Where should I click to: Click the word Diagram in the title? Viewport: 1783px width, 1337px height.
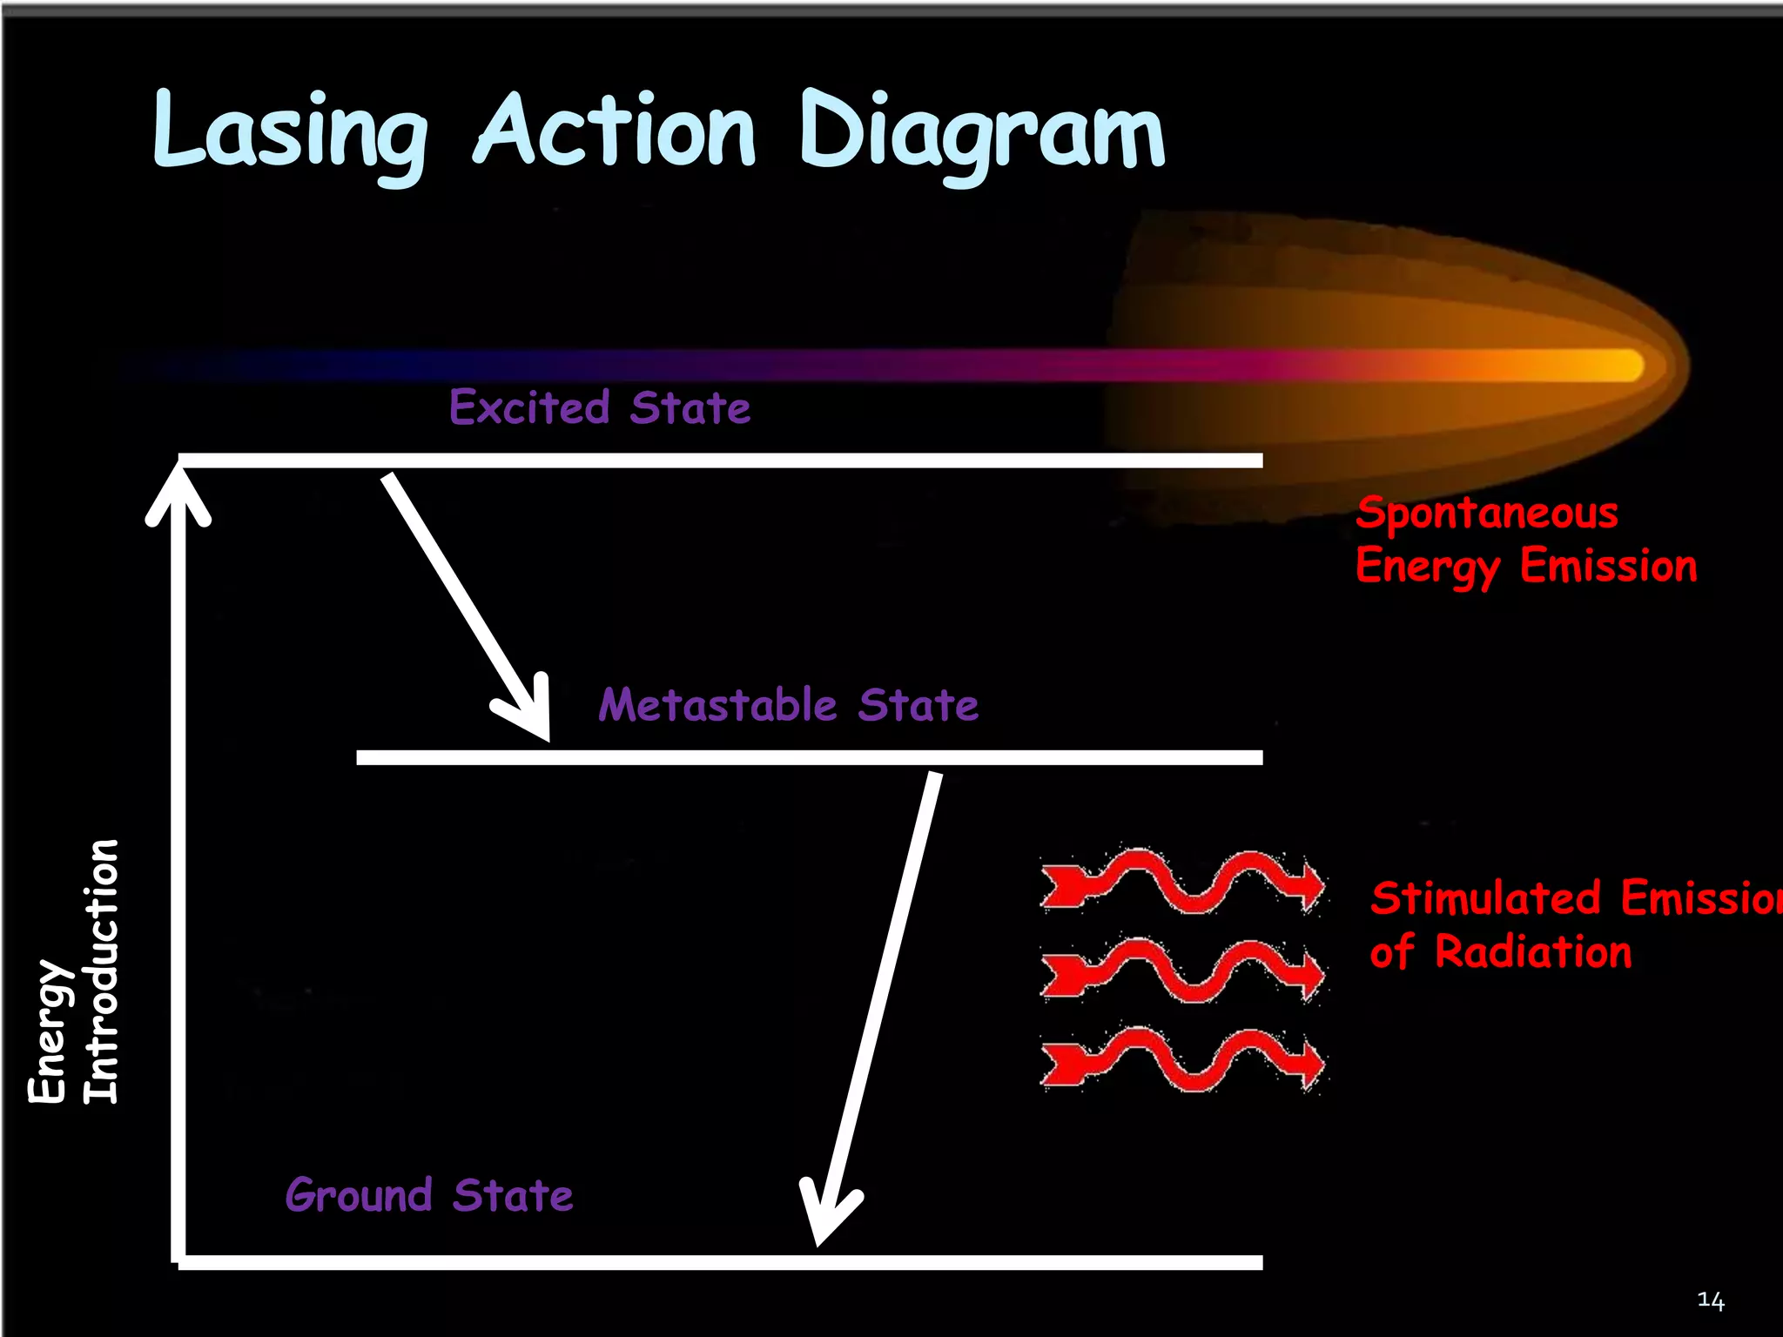coord(981,132)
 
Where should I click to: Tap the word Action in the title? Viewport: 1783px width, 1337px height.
coord(616,131)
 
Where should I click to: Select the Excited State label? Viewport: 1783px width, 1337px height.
coord(600,407)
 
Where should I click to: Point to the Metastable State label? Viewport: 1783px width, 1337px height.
coord(788,704)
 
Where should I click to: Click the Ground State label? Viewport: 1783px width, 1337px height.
coord(429,1194)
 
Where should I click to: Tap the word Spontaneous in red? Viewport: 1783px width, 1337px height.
coord(1487,513)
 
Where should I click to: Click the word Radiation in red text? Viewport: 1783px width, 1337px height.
coord(1533,951)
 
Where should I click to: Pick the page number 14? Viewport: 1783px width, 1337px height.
coord(1710,1300)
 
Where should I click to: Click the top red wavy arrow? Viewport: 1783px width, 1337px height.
coord(1182,880)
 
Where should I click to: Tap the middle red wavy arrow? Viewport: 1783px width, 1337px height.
coord(1182,970)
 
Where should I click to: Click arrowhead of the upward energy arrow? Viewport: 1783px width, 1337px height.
coord(178,492)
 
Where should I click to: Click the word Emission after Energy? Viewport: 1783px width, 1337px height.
coord(1608,566)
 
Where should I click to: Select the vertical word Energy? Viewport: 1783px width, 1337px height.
coord(47,1032)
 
